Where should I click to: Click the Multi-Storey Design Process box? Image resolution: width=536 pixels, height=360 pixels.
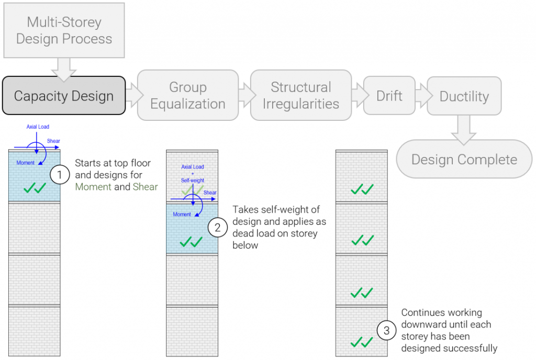coord(64,30)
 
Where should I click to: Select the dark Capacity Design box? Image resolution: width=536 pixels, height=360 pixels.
coord(64,96)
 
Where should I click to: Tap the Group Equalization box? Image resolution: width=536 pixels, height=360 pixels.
coord(187,95)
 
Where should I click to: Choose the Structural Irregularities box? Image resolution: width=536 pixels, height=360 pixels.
coord(300,95)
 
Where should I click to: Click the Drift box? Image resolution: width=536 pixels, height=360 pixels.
coord(389,96)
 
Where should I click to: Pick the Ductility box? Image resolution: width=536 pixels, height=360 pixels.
coord(464,96)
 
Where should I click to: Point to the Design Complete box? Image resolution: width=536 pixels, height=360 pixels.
coord(464,159)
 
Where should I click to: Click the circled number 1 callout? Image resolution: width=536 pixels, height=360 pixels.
coord(60,174)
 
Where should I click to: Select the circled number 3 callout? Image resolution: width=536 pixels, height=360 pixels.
coord(387,330)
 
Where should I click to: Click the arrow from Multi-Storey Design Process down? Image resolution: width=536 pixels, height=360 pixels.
coord(64,68)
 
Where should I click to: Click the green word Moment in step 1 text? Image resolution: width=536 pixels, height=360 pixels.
coord(93,187)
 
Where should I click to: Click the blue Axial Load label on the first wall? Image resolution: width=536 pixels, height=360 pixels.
coord(38,127)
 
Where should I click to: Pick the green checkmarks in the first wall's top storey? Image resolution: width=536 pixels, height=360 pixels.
coord(35,187)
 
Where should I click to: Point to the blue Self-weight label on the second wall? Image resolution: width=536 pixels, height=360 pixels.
coord(193,179)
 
